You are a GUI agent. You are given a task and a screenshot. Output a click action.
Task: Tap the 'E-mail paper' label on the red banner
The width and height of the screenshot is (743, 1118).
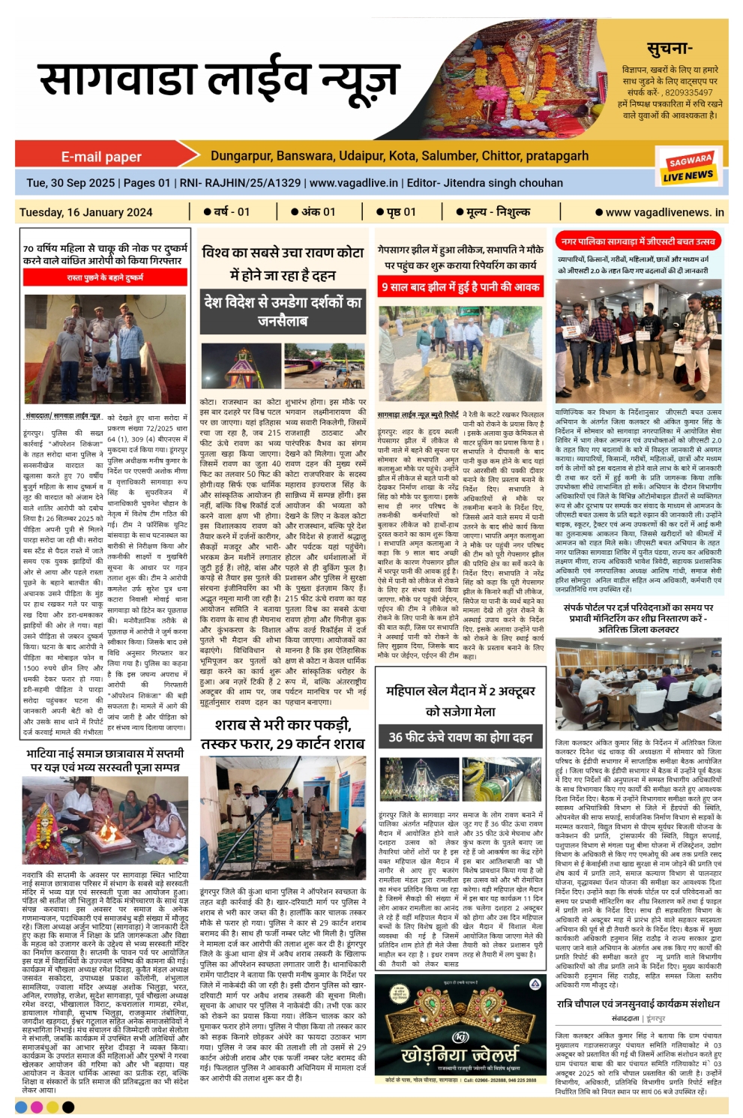coord(101,157)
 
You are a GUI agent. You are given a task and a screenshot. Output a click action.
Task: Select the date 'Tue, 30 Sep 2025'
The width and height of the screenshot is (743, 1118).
coord(70,183)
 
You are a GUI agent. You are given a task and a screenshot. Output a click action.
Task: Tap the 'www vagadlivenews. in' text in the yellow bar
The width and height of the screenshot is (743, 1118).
coord(664,212)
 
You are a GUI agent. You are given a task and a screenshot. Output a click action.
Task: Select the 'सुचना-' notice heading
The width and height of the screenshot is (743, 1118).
coord(669,49)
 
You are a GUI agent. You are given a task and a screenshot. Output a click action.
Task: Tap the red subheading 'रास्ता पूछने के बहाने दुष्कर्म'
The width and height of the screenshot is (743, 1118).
coord(105,277)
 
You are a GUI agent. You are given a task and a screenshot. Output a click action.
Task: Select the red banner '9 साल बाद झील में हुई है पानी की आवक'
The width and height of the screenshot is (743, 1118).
coord(460,286)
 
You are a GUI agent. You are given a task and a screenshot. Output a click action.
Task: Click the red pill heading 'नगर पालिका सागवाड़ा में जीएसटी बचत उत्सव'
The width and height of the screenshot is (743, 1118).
coord(638,241)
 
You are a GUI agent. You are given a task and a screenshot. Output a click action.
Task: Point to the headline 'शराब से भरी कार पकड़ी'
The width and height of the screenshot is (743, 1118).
coord(283,724)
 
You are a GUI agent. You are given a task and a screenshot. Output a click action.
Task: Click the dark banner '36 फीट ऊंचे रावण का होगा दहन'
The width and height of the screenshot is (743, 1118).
coord(460,736)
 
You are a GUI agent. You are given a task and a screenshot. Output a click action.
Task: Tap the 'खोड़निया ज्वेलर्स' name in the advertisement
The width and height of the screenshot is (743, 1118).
coord(460,1054)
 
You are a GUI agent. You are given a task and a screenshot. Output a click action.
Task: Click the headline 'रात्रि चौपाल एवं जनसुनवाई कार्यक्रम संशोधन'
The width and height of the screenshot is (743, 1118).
coord(638,1003)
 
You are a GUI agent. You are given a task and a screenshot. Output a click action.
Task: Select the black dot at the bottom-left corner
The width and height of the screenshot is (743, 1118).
coord(68,1107)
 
